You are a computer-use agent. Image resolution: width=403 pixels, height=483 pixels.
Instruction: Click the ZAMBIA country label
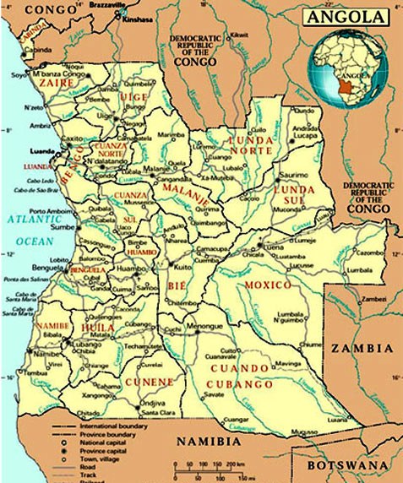click(362, 348)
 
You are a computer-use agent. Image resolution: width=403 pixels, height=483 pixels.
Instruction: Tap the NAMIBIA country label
click(207, 441)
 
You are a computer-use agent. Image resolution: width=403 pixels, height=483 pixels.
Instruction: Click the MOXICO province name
click(268, 285)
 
